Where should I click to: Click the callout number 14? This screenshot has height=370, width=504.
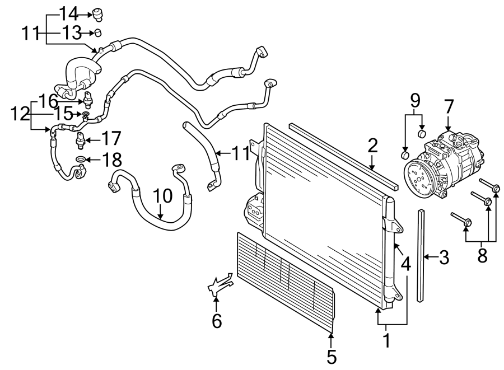(x=68, y=14)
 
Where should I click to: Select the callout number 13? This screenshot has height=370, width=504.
(x=72, y=33)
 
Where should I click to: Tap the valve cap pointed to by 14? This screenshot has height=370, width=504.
(x=97, y=15)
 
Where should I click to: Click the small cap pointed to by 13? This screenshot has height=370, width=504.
(x=97, y=32)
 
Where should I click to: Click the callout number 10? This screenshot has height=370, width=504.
(x=162, y=196)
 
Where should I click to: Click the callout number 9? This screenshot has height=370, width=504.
(x=415, y=101)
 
